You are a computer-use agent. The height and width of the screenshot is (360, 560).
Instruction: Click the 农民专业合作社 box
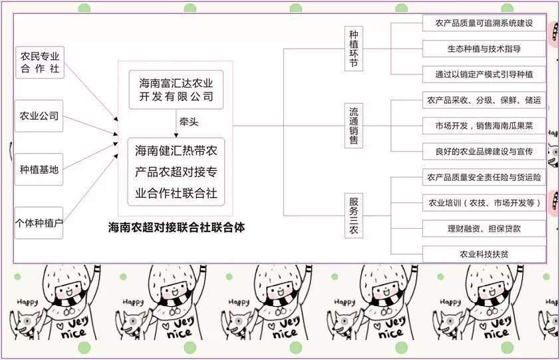coord(40,63)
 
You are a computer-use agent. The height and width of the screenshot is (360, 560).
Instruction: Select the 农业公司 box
coord(40,116)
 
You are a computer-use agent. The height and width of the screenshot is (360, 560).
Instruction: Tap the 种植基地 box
coord(40,170)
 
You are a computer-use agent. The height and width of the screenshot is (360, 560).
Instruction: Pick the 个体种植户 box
coord(40,222)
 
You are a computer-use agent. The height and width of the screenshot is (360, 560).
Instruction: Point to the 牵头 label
coord(188,122)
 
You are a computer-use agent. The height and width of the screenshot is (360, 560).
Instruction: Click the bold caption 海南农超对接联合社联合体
coord(177,227)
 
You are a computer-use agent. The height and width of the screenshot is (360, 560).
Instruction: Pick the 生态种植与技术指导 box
coord(484,49)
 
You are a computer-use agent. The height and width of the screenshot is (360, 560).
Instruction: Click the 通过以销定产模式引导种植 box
coord(484,74)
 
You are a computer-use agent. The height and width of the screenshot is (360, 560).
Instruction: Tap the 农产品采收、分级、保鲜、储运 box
coord(484,100)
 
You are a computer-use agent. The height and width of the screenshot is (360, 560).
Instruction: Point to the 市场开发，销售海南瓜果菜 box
coord(484,126)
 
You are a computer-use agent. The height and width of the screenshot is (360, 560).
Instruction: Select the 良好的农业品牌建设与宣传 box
coord(484,151)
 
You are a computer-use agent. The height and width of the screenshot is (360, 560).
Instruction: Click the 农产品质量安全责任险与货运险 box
coord(484,177)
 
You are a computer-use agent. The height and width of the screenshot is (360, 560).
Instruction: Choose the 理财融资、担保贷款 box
coord(484,228)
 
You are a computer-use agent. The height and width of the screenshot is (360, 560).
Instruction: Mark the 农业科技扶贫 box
coord(484,254)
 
